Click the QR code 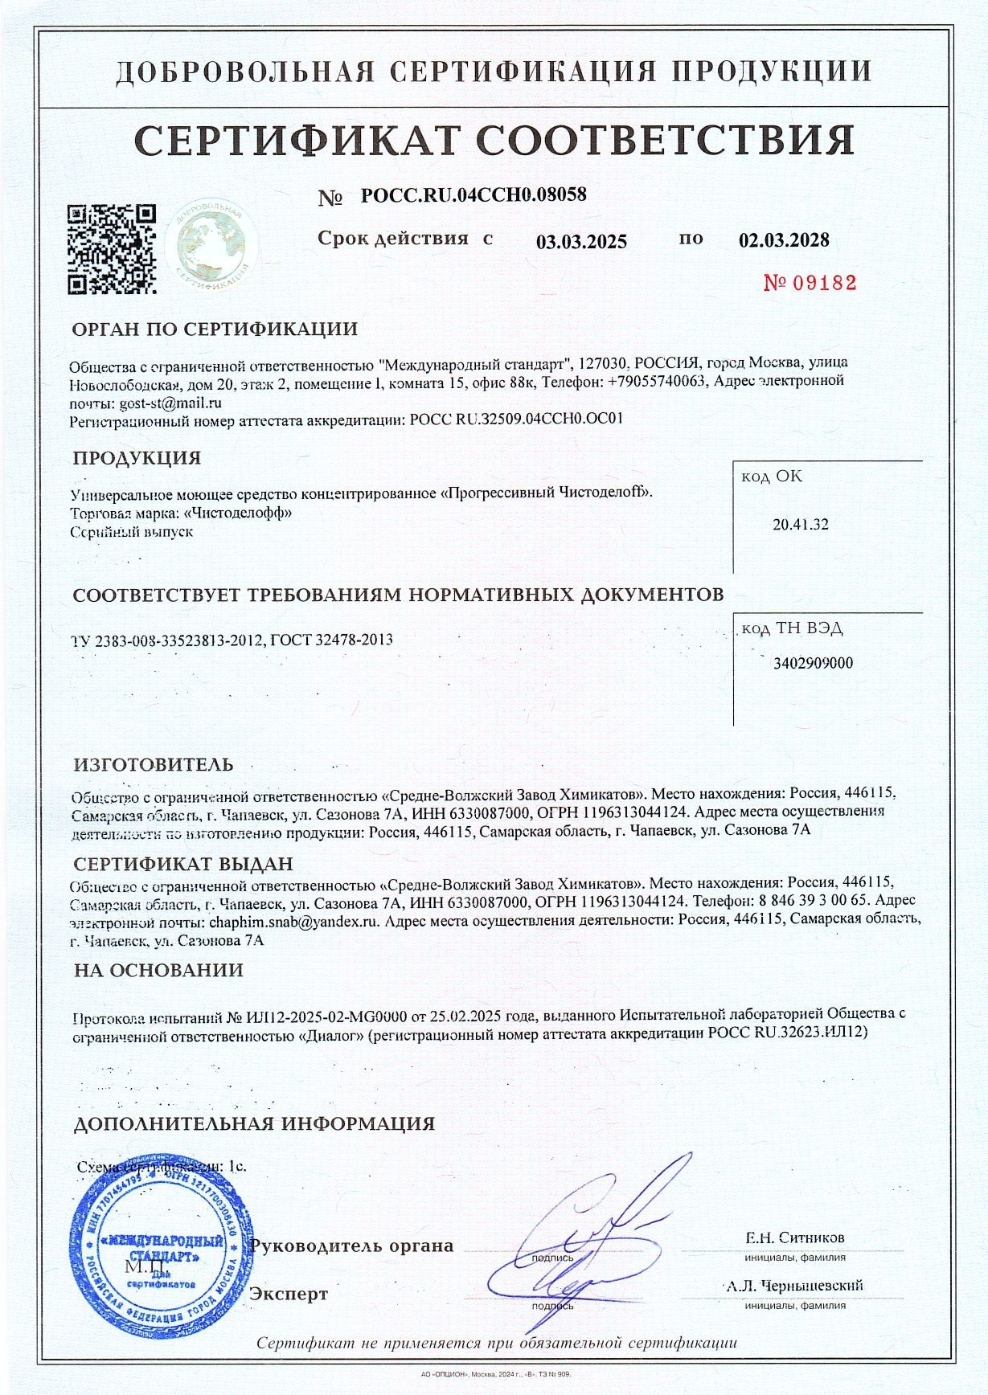click(111, 249)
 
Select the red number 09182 click(810, 282)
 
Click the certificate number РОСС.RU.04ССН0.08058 click(474, 194)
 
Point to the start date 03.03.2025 click(581, 241)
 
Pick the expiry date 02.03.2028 click(784, 240)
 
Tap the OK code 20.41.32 click(800, 525)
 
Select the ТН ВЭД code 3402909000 click(813, 663)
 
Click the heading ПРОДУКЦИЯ click(137, 458)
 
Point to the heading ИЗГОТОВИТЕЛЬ click(154, 763)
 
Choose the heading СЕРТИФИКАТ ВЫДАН click(183, 864)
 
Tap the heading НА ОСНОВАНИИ click(158, 970)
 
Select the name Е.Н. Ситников click(794, 1237)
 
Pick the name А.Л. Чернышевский click(793, 1286)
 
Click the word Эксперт click(289, 1294)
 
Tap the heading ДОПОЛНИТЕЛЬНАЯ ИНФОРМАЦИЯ click(254, 1123)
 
